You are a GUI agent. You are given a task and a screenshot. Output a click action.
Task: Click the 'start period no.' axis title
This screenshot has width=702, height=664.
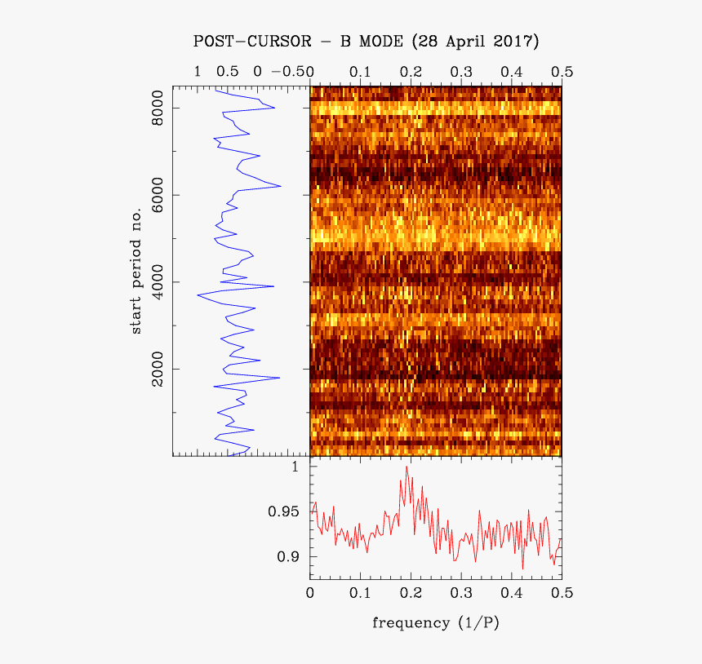[136, 271]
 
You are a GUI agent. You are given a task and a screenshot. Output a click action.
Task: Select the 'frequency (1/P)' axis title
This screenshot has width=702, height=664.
[435, 623]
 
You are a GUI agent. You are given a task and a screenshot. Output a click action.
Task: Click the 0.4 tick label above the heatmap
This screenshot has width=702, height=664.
[512, 72]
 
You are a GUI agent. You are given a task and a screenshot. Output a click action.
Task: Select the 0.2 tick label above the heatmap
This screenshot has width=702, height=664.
[411, 72]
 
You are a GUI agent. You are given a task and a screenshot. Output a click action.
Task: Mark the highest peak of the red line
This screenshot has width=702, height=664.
[407, 467]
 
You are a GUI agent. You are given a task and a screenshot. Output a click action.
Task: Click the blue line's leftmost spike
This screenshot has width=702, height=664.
[197, 294]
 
